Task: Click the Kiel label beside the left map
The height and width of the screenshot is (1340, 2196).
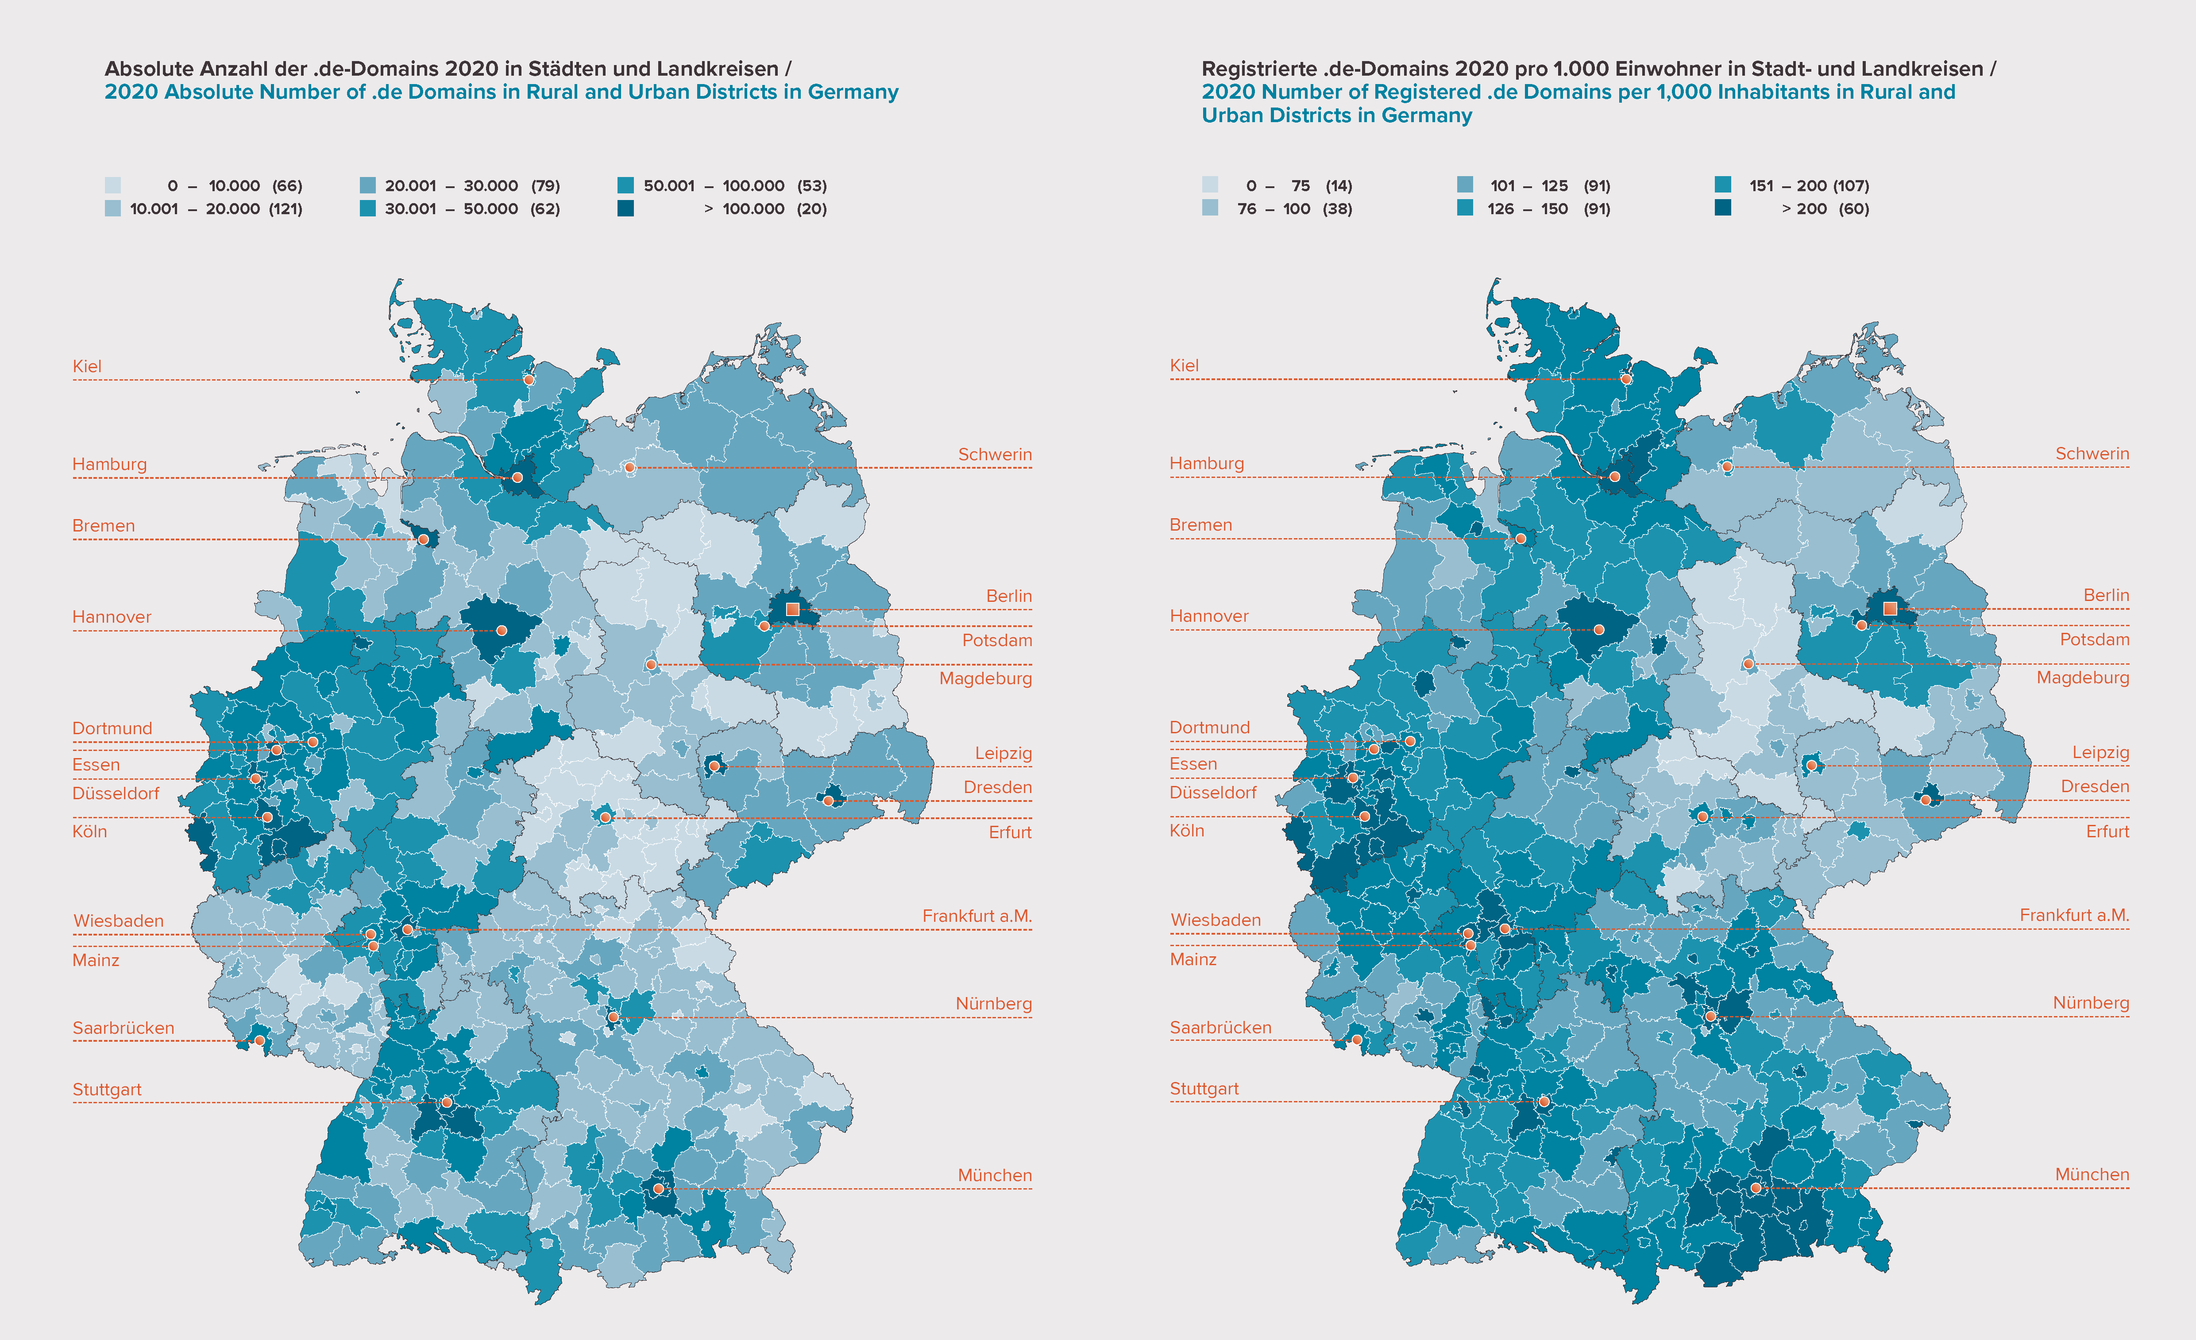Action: click(87, 366)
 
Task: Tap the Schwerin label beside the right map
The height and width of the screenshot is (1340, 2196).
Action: click(2092, 454)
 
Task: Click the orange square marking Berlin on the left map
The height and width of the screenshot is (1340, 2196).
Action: click(792, 609)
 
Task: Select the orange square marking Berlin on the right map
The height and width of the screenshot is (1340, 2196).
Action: click(1889, 608)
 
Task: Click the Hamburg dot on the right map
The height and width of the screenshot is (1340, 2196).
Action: click(1614, 477)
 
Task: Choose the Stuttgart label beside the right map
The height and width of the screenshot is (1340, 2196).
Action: click(1204, 1089)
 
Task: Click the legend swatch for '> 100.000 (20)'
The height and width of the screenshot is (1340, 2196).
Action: click(625, 208)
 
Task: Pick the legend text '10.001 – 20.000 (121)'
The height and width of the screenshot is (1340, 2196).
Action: click(216, 208)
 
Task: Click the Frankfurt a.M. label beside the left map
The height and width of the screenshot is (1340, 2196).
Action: click(977, 916)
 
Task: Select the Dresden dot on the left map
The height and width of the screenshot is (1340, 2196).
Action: click(828, 801)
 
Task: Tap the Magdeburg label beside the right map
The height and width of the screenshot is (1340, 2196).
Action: click(2083, 677)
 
